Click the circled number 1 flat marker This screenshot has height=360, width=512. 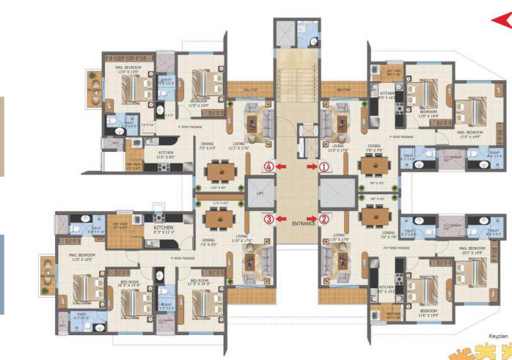[x=323, y=166]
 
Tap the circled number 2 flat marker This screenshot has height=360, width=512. [x=323, y=218]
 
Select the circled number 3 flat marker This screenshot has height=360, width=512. [x=269, y=218]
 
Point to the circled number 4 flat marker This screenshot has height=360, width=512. [x=269, y=166]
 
